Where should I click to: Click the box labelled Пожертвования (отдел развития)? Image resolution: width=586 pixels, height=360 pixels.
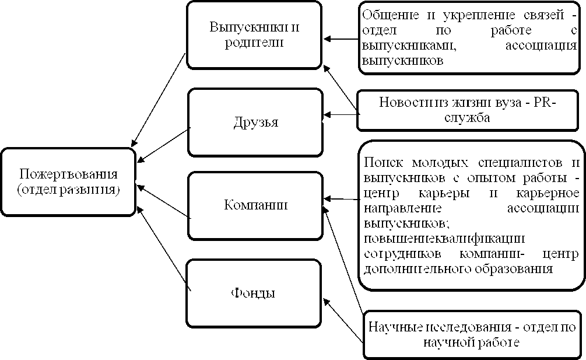tap(68, 182)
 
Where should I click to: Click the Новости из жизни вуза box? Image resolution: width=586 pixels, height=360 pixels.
tap(468, 110)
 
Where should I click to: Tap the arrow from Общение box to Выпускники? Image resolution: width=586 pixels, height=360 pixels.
tap(341, 39)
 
